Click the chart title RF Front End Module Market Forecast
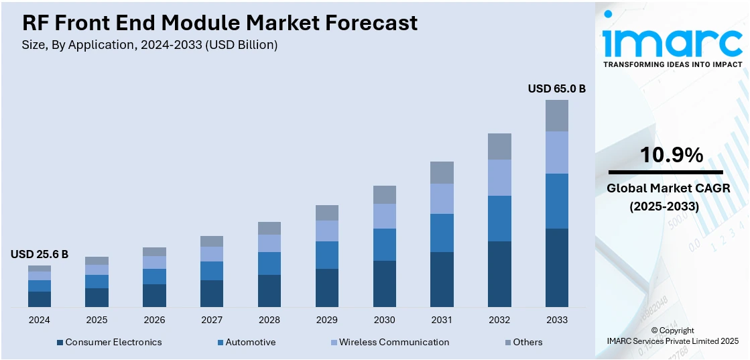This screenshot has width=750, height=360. click(x=220, y=23)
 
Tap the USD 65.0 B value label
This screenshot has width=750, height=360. click(x=556, y=88)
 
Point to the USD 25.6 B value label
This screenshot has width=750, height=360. click(x=40, y=254)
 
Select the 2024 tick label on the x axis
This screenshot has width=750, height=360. click(x=40, y=320)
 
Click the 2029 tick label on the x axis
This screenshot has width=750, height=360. click(x=327, y=320)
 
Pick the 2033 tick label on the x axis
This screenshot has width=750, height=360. click(x=557, y=320)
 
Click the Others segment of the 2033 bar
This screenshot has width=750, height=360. click(x=557, y=115)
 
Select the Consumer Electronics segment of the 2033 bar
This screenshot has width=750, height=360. click(x=557, y=267)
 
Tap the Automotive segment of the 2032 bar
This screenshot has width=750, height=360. click(x=499, y=219)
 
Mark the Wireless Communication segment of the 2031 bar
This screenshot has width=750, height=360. click(x=442, y=198)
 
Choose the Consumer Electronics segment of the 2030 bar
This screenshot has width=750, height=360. click(x=385, y=284)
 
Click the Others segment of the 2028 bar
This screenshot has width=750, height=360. click(x=269, y=228)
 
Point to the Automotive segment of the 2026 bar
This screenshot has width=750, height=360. click(x=154, y=276)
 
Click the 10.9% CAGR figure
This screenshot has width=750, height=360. click(x=672, y=156)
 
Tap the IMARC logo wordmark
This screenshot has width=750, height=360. click(x=672, y=42)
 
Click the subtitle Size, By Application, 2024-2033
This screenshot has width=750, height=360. click(x=150, y=45)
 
